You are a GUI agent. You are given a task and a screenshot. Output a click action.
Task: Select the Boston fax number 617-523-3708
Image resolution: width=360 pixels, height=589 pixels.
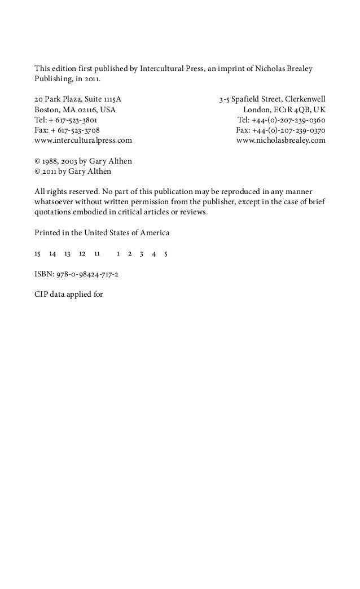pyautogui.click(x=74, y=130)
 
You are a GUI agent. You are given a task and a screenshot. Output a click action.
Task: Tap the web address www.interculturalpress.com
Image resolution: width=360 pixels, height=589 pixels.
pyautogui.click(x=84, y=140)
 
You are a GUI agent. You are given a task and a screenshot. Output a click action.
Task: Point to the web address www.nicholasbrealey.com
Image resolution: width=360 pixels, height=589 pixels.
pyautogui.click(x=280, y=140)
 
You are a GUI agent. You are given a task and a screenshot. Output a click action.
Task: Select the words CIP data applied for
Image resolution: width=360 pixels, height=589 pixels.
pyautogui.click(x=68, y=294)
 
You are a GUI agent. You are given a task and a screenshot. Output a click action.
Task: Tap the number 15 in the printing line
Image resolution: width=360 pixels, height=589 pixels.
pyautogui.click(x=38, y=254)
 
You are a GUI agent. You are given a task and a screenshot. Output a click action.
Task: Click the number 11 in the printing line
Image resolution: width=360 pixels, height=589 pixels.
pyautogui.click(x=96, y=254)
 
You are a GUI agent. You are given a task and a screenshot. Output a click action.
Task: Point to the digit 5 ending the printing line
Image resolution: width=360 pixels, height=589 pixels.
pyautogui.click(x=165, y=254)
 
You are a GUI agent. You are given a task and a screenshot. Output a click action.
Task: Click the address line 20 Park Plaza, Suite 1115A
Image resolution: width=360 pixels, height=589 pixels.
pyautogui.click(x=77, y=100)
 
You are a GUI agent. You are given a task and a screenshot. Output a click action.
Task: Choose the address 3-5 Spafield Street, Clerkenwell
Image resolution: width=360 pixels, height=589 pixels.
pyautogui.click(x=272, y=100)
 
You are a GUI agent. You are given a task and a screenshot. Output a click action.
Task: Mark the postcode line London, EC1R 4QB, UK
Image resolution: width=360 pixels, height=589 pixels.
pyautogui.click(x=284, y=109)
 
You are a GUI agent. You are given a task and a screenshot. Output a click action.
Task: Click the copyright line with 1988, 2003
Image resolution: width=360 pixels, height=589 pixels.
pyautogui.click(x=83, y=161)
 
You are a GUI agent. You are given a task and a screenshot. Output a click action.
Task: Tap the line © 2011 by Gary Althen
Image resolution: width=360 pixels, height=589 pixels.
pyautogui.click(x=73, y=171)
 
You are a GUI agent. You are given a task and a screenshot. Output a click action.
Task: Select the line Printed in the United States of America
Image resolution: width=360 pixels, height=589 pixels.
pyautogui.click(x=102, y=232)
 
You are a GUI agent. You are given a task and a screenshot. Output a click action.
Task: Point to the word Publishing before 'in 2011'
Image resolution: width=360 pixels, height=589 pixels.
pyautogui.click(x=52, y=79)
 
